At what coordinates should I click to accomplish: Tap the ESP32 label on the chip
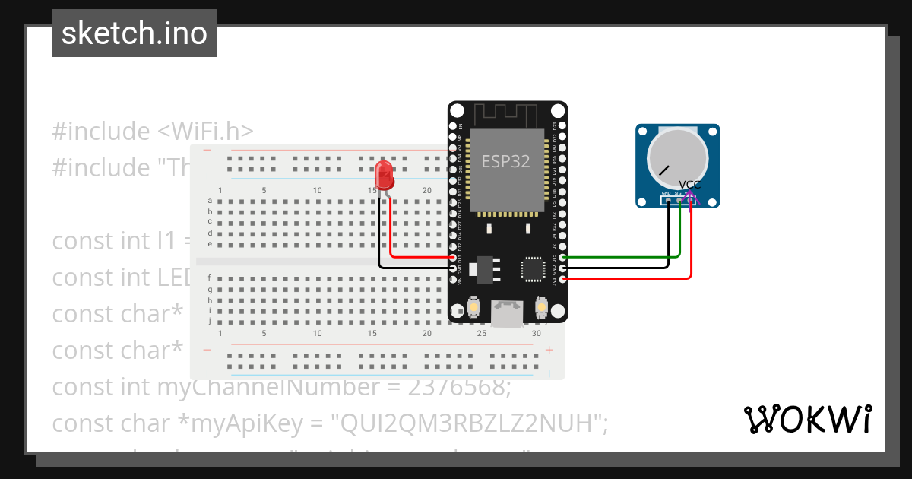(x=506, y=162)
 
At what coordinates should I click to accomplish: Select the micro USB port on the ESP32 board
(x=507, y=312)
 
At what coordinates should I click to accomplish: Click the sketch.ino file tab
(x=135, y=33)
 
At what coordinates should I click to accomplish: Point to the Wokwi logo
(x=807, y=419)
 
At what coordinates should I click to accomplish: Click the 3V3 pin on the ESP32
(x=562, y=279)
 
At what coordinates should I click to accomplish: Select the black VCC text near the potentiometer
(x=689, y=185)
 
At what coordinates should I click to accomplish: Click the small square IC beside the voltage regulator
(x=532, y=268)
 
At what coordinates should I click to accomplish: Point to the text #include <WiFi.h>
(x=153, y=131)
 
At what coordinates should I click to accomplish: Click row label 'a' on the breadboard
(x=210, y=201)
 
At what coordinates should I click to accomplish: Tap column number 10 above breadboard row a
(x=318, y=190)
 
